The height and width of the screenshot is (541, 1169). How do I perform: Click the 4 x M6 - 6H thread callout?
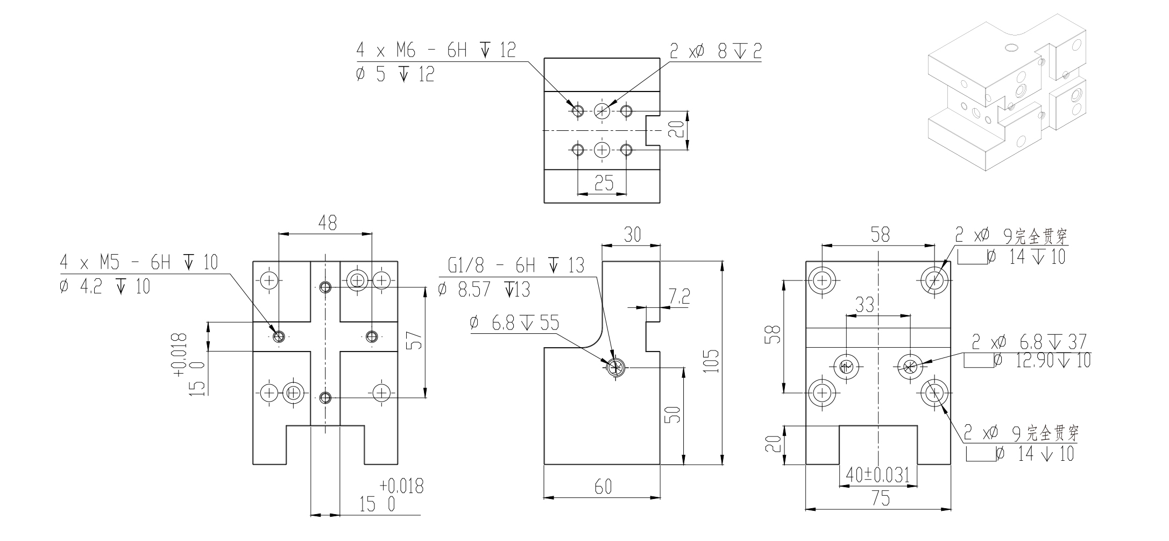tap(436, 51)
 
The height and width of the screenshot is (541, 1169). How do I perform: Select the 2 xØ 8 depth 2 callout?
tap(715, 51)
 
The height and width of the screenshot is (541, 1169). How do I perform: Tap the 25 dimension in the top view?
tap(604, 184)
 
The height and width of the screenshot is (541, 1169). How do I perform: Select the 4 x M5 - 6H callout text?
tap(139, 263)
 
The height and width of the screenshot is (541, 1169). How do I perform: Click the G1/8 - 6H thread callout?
tap(515, 266)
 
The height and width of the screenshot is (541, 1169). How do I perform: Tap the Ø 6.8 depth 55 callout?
tap(514, 324)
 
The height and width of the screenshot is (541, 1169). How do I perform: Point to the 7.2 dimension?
tap(679, 297)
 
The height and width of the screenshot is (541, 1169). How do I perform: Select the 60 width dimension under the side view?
tap(603, 487)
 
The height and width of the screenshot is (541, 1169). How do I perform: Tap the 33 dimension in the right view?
tap(864, 305)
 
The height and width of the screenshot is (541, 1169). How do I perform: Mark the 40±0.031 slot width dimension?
tap(877, 475)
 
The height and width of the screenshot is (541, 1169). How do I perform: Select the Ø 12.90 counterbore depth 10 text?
tap(1042, 360)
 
